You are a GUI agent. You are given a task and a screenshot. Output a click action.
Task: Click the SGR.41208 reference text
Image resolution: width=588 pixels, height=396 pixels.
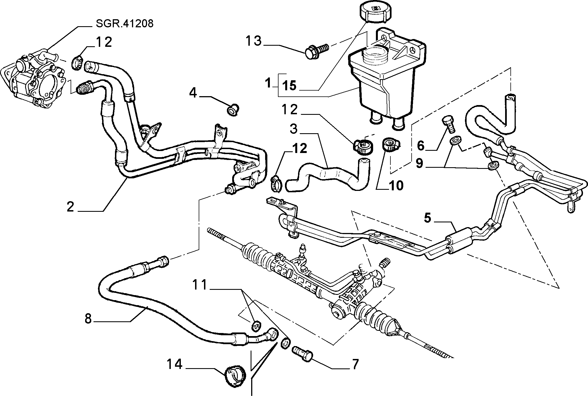[x=124, y=24]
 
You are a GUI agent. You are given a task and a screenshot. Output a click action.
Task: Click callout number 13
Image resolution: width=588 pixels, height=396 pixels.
[x=253, y=41]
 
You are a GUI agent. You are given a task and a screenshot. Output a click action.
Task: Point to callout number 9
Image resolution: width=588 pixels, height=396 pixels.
[x=419, y=163]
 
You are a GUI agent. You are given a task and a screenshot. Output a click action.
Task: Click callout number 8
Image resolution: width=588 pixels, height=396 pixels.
[x=88, y=319]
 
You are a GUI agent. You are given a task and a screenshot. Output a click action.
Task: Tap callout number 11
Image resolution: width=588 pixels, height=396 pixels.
[x=201, y=285]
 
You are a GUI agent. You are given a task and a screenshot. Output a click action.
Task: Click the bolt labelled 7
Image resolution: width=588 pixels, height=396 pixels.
[x=303, y=353]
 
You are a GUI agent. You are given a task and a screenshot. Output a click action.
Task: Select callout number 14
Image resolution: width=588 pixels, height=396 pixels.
[x=175, y=364]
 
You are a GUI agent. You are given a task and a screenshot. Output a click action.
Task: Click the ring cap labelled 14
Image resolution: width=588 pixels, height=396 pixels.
[x=235, y=377]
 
